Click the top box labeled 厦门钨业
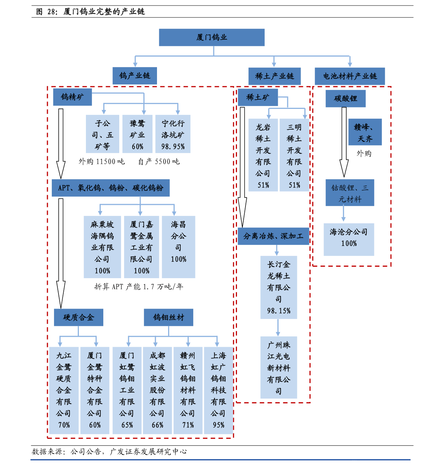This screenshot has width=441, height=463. click(211, 37)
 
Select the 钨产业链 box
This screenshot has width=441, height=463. click(135, 76)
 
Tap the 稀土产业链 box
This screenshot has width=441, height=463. click(274, 76)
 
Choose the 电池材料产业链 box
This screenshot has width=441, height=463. click(350, 76)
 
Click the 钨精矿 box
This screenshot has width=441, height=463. click(72, 97)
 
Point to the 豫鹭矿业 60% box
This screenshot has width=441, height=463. click(137, 134)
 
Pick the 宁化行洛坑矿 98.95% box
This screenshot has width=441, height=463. click(173, 134)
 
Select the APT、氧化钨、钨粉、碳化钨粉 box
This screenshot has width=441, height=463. click(111, 188)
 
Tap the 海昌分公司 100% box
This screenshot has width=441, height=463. click(178, 247)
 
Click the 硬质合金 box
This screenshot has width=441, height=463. click(78, 317)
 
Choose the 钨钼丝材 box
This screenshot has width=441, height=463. click(168, 317)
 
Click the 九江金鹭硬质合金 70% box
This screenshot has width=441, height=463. click(64, 390)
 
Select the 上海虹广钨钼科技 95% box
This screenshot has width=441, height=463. click(218, 390)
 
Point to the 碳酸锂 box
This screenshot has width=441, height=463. click(345, 99)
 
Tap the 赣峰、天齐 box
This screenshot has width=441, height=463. click(365, 132)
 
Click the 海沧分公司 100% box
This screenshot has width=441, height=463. click(349, 239)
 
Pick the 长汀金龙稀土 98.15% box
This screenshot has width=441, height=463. click(278, 287)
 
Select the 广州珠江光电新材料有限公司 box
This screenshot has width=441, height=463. click(278, 367)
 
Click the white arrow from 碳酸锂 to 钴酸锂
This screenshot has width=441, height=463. click(344, 141)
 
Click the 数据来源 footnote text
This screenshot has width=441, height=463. click(109, 452)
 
